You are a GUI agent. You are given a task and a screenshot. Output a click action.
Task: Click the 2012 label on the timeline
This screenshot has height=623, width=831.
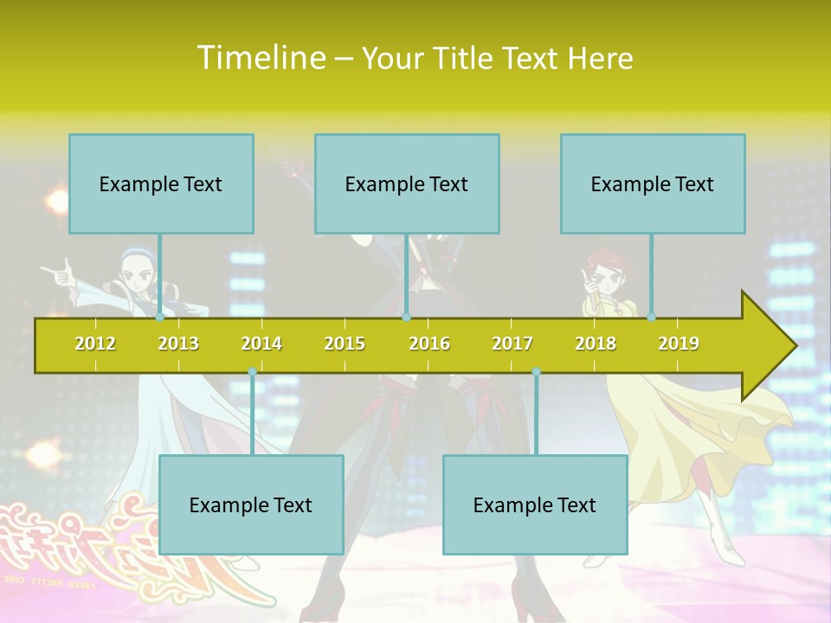pos(95,344)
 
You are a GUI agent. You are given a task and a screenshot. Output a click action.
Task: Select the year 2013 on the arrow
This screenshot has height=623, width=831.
pos(178,344)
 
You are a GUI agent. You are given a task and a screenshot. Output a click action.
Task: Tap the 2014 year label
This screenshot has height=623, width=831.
pos(261,344)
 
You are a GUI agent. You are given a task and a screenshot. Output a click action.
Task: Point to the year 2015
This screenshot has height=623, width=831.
pos(345,344)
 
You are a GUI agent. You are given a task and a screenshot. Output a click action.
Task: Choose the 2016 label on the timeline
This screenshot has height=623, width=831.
pos(429,344)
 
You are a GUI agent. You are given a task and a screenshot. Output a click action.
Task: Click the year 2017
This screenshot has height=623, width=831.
pos(512,344)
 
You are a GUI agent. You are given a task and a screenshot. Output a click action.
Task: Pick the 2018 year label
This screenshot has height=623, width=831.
pos(596,344)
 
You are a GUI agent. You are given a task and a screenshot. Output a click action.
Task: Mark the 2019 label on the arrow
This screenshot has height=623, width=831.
pos(679,344)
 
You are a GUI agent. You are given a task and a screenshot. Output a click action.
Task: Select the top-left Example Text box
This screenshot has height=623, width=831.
pos(161,183)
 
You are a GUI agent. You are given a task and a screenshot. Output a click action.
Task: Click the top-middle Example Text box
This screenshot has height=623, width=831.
pos(407,183)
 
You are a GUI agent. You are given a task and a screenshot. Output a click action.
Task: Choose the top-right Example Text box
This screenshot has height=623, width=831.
pos(653,183)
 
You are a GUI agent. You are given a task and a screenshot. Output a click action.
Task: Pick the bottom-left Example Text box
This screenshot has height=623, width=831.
pos(251,504)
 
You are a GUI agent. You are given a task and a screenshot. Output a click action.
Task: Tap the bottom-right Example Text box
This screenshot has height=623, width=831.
pos(535,504)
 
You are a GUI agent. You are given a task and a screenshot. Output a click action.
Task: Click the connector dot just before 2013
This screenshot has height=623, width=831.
pos(159,318)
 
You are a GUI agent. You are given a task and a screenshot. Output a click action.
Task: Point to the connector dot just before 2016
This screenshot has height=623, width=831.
pos(406,318)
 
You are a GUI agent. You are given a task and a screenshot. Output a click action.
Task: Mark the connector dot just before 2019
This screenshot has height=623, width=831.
pos(651,318)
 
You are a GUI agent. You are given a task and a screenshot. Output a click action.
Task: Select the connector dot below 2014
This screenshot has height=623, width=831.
pos(252,372)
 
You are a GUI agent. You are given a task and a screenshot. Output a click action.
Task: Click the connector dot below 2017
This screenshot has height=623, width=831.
pos(536,372)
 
